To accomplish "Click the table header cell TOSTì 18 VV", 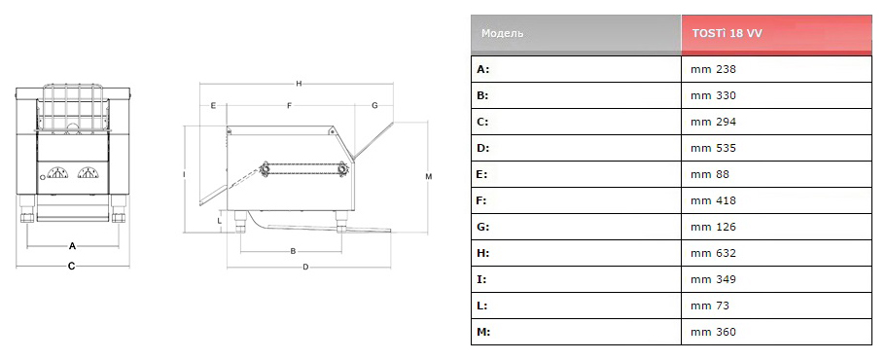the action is click(776, 35).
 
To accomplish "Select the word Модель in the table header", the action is click(502, 33).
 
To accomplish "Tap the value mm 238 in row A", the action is click(713, 70).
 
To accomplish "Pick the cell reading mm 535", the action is click(713, 148).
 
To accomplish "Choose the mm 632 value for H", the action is click(713, 253).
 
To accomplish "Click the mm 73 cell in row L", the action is click(710, 306).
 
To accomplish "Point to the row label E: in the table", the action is click(482, 174).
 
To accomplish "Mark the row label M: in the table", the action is click(483, 332).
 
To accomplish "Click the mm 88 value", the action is click(710, 174).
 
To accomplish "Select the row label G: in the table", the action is click(483, 227).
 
